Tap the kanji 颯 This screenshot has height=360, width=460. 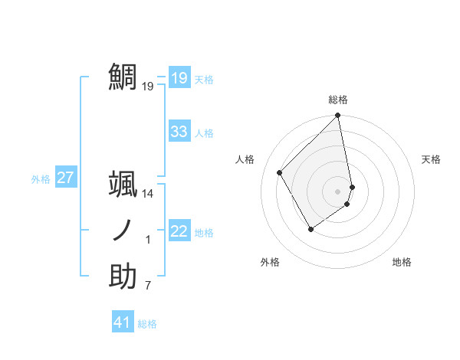(123, 184)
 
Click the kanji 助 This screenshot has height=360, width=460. (123, 277)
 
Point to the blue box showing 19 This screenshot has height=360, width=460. (179, 77)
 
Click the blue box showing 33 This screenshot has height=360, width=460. (179, 132)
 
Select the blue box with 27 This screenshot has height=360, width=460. (65, 178)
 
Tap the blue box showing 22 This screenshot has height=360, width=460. (179, 231)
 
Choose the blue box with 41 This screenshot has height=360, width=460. (122, 322)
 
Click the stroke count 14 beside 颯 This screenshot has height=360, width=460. (148, 194)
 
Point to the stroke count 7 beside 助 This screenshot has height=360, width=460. (148, 286)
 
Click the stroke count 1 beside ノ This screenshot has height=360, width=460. (148, 241)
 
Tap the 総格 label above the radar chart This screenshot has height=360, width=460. (338, 100)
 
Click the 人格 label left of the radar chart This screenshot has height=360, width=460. (245, 159)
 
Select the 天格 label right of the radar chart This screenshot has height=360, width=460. (431, 159)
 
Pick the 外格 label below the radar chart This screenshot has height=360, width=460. (270, 262)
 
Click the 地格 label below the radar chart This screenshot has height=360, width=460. (402, 262)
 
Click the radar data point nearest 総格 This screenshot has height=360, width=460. (338, 116)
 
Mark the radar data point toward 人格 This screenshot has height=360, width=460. (280, 172)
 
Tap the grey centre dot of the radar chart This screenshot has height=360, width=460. (338, 191)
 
